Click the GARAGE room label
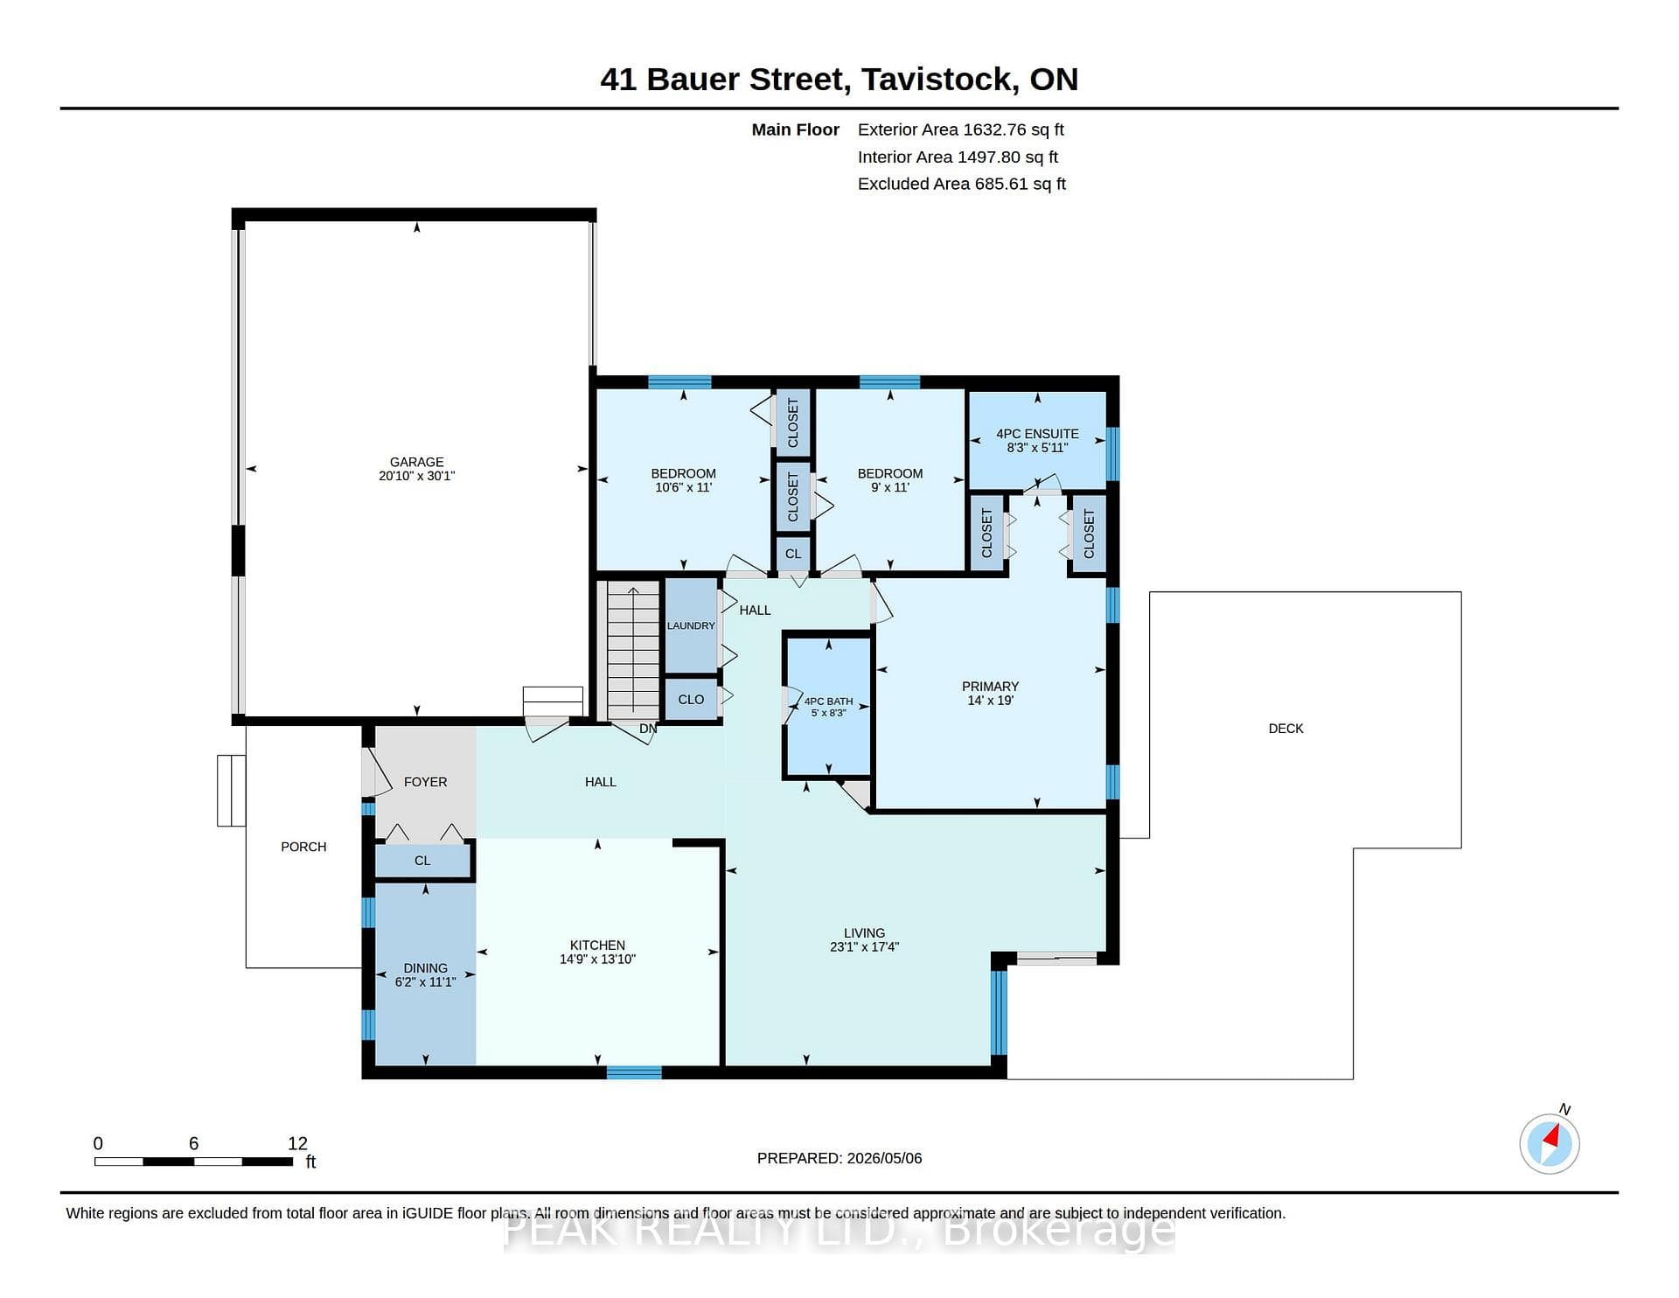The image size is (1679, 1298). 416,462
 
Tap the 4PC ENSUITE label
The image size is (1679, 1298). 1037,434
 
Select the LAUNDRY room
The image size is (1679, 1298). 691,625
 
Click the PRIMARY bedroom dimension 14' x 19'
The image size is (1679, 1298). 990,701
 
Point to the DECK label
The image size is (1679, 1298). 1285,729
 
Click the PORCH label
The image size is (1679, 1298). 303,847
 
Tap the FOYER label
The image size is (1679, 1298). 425,782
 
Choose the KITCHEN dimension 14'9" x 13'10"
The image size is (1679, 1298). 597,960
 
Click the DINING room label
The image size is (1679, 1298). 425,968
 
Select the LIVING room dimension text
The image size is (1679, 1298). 864,946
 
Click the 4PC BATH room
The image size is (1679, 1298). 828,707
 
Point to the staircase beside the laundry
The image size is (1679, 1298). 633,650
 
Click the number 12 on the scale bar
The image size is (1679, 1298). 297,1143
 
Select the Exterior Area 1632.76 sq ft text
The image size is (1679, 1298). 960,129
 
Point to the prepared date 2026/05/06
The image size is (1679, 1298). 884,1158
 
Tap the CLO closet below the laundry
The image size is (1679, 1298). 691,700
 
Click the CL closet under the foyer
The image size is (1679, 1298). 422,861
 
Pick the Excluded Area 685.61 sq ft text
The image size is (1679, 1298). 961,184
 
